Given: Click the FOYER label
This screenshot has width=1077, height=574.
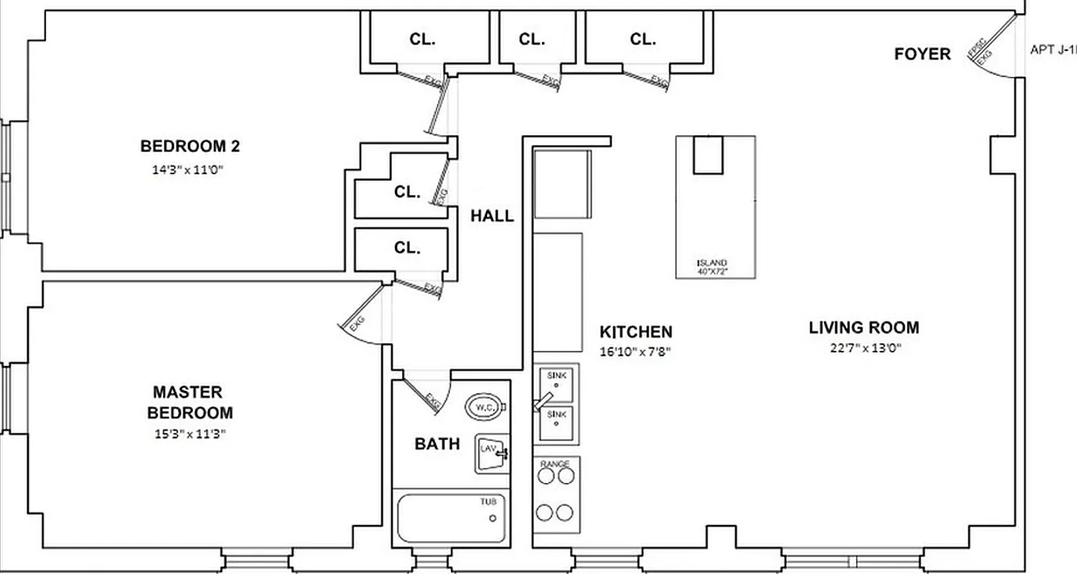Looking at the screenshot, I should click(922, 54).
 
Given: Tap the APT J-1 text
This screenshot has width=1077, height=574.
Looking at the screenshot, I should click(1053, 50).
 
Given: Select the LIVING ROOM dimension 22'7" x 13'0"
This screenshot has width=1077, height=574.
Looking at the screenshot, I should click(864, 349).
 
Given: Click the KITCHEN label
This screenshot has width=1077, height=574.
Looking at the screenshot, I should click(636, 331).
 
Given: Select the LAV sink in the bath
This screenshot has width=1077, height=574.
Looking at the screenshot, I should click(490, 453).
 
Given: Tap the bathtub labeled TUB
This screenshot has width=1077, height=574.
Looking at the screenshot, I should click(450, 518).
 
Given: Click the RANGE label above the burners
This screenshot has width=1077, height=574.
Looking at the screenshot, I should click(556, 464).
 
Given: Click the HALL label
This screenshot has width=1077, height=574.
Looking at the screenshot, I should click(492, 216).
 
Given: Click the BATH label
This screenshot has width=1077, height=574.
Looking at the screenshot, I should click(437, 444).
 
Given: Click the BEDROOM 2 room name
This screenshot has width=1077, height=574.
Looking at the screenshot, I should click(190, 146).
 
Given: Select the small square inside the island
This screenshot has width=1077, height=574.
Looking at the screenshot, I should click(707, 155).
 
